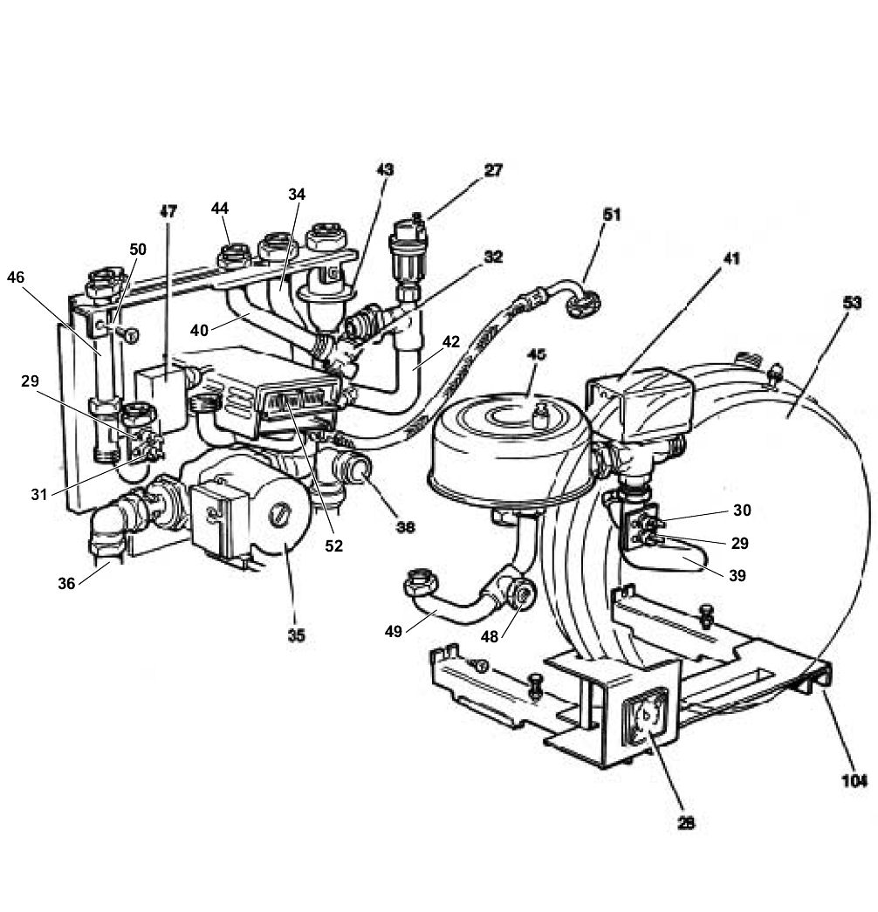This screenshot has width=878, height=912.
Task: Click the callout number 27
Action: (493, 170)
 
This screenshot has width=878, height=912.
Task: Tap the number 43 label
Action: (385, 170)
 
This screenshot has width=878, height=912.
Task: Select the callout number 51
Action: (612, 214)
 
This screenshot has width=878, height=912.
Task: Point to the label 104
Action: (854, 781)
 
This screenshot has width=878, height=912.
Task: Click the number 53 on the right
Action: (852, 303)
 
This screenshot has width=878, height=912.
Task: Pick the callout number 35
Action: (297, 635)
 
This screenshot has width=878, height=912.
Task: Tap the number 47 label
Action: (168, 211)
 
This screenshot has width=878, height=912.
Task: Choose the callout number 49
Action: (394, 631)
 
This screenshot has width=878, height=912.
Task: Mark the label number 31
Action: (38, 494)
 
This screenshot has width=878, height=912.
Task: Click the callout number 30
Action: (741, 511)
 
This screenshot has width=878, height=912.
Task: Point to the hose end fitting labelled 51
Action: (582, 304)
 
